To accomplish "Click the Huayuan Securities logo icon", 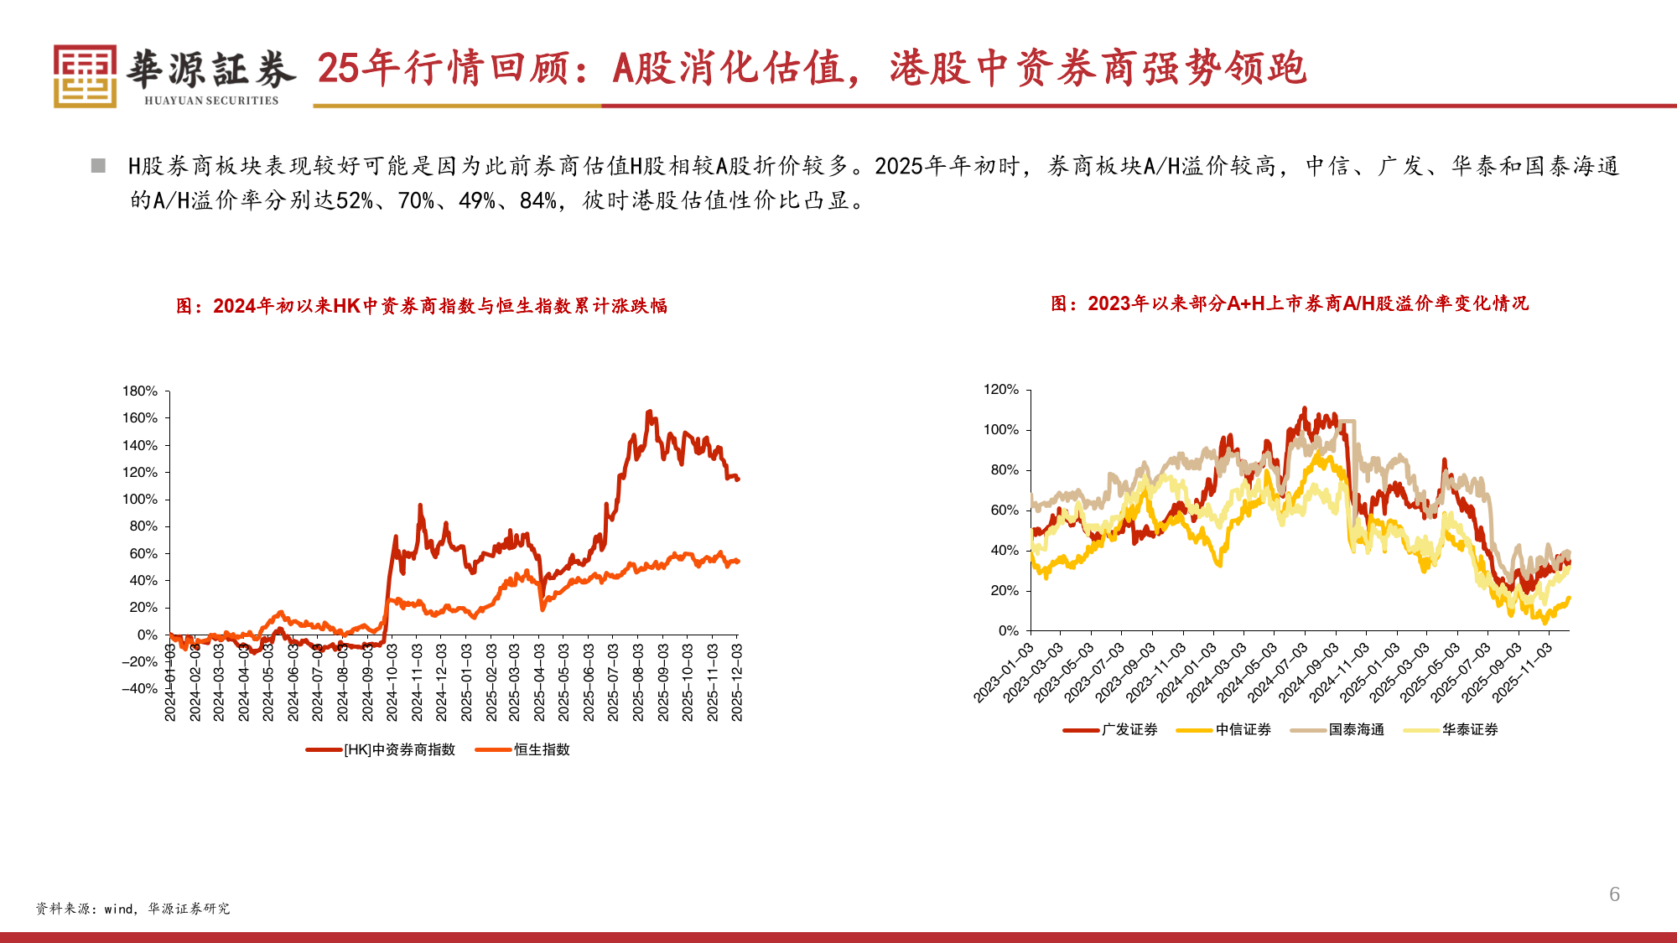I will coord(85,75).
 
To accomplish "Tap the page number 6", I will coord(1614,894).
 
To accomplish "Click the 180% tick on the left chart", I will coord(140,391).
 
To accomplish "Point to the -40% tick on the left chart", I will coord(140,689).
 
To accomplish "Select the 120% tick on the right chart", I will coord(1001,390).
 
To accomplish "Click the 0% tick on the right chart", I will coord(1009,631).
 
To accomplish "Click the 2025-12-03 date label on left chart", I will coord(737,682).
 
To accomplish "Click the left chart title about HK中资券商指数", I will coord(422,306).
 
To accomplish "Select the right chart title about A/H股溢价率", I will coord(1290,303).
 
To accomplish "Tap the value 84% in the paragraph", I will coord(537,201).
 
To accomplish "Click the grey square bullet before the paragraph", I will coord(98,165).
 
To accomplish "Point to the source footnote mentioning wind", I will coord(132,909).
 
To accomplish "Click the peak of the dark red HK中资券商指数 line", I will coord(649,412).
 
